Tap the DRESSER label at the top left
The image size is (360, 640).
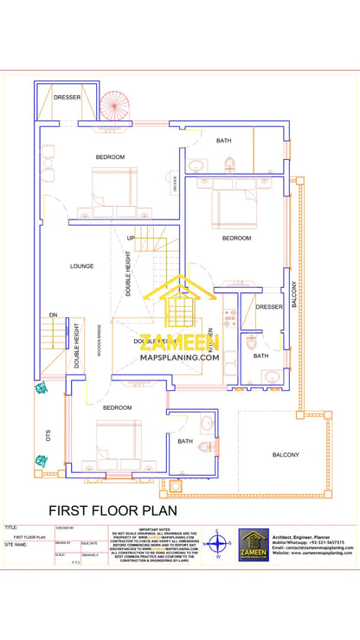click(67, 98)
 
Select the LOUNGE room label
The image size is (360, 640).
click(82, 266)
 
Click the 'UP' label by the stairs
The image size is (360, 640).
click(132, 237)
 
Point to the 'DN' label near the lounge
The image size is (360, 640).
click(54, 315)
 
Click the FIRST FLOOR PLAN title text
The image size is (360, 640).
click(112, 511)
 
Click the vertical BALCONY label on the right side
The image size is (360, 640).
click(293, 295)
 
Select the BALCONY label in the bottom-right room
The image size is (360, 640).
click(286, 454)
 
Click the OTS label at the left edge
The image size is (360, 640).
click(48, 434)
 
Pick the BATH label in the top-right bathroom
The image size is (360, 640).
click(224, 140)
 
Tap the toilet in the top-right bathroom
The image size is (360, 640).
click(230, 163)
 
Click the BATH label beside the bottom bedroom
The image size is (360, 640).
click(185, 441)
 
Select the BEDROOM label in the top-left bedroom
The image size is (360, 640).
click(110, 157)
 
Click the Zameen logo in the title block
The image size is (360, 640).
click(254, 545)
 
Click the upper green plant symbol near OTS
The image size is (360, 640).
click(40, 388)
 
